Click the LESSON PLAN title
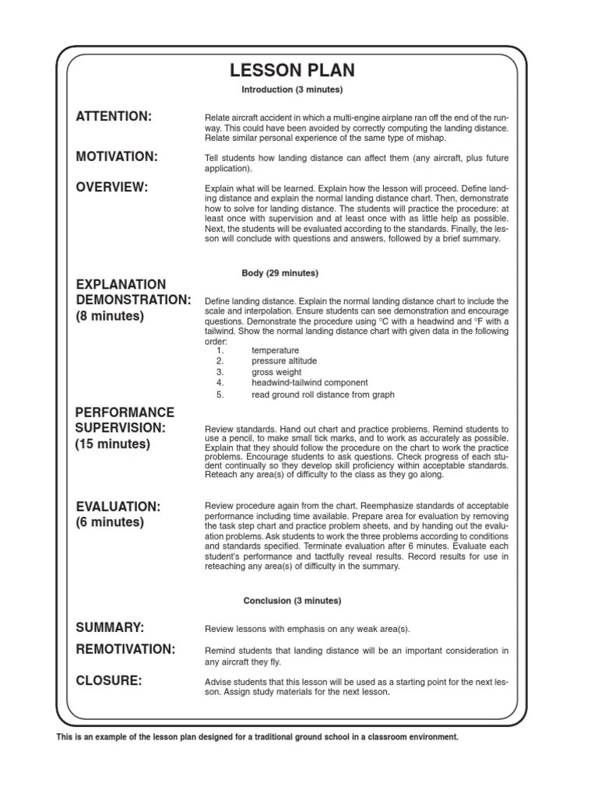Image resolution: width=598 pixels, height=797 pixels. click(x=292, y=71)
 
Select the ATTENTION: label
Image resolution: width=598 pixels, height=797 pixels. click(x=114, y=117)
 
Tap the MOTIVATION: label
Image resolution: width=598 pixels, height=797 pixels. click(x=117, y=157)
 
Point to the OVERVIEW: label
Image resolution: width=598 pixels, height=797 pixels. click(x=112, y=187)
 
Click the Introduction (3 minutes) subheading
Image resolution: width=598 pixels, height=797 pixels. click(x=292, y=90)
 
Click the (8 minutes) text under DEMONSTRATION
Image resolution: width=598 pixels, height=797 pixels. click(x=110, y=317)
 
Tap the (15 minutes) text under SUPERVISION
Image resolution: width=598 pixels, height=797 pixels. click(x=113, y=444)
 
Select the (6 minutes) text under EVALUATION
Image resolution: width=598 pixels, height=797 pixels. click(x=110, y=522)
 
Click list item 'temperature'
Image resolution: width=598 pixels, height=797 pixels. click(x=275, y=351)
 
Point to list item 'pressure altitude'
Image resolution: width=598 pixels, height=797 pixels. click(x=284, y=361)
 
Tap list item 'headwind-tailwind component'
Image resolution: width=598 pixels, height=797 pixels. click(x=310, y=383)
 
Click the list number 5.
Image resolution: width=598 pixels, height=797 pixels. click(x=220, y=395)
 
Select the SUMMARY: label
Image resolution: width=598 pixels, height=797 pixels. click(x=111, y=627)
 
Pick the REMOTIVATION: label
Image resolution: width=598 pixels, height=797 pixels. click(x=125, y=649)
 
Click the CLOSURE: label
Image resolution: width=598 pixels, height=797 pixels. click(x=109, y=681)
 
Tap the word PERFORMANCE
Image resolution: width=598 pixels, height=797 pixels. click(x=125, y=412)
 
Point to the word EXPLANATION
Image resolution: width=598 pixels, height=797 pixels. click(x=121, y=284)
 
